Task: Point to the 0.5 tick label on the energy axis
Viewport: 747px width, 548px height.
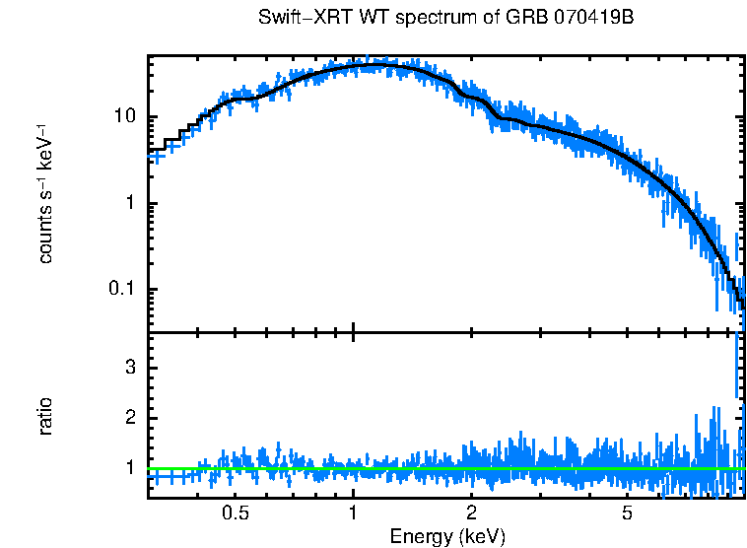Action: click(x=235, y=514)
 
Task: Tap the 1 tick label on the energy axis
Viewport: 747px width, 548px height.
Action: click(x=353, y=514)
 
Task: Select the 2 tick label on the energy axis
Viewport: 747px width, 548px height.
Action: click(x=472, y=514)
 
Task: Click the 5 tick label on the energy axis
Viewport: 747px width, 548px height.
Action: click(x=628, y=514)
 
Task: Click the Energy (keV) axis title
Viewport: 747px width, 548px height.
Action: click(x=447, y=536)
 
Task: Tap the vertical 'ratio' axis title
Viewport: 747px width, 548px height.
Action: click(x=45, y=416)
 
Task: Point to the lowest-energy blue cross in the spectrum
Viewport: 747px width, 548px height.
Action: click(x=155, y=156)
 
